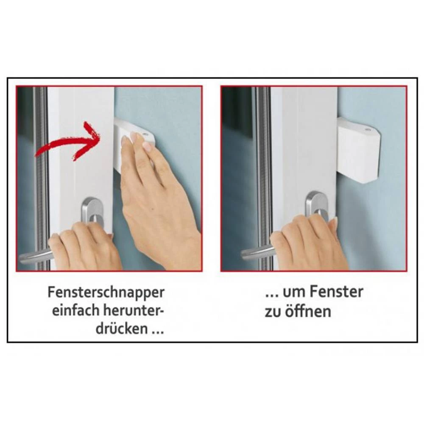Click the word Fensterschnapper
click(x=106, y=293)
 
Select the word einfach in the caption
click(x=75, y=310)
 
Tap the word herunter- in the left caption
click(x=134, y=310)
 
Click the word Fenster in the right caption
click(x=336, y=292)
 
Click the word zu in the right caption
click(x=273, y=312)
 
